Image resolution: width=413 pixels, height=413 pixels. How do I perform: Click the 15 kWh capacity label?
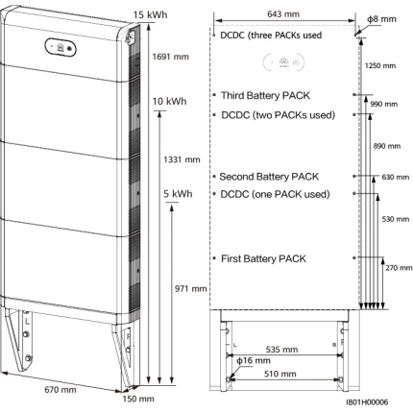150,14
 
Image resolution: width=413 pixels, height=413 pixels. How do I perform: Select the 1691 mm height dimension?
170,57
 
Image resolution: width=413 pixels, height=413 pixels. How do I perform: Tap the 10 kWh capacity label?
169,101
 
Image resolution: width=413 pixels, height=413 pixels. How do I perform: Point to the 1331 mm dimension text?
182,159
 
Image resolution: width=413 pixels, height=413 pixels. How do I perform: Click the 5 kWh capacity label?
178,194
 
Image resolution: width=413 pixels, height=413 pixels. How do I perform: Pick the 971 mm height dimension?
190,289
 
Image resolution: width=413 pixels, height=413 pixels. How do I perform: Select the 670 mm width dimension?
61,390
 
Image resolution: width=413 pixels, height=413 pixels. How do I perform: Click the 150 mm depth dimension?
138,399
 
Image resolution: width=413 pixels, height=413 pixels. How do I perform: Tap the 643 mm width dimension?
283,14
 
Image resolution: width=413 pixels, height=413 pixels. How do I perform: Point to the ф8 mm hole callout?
381,19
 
